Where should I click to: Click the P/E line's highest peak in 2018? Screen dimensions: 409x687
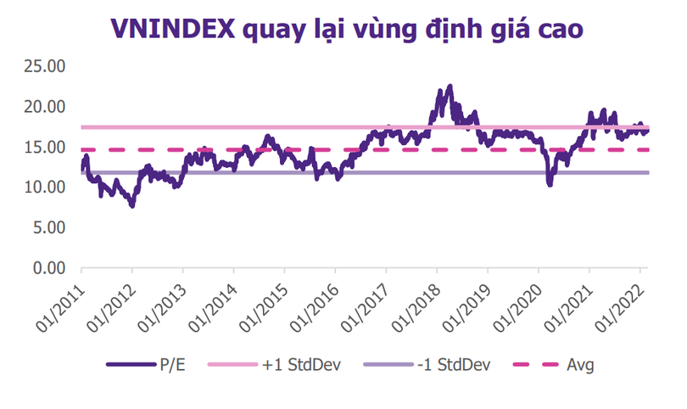450,87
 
